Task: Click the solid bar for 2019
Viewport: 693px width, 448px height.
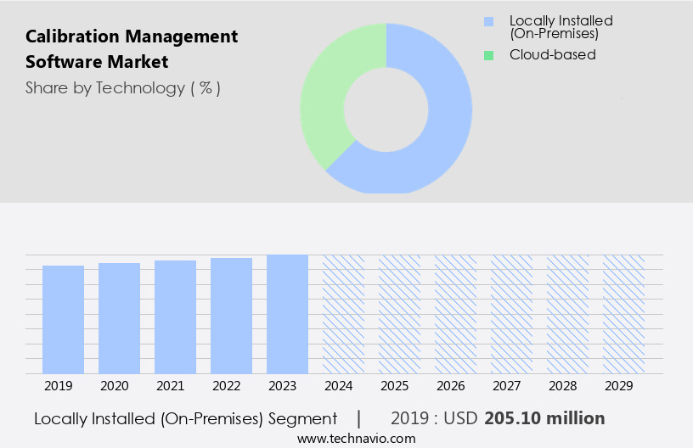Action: [x=63, y=320]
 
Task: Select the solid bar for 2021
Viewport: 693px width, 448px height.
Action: [x=175, y=317]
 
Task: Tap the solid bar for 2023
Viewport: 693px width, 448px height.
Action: [x=287, y=314]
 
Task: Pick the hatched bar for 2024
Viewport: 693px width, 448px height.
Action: [x=343, y=314]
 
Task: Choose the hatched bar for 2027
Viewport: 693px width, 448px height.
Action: [x=511, y=314]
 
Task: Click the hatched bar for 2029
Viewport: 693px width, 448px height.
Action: [x=623, y=314]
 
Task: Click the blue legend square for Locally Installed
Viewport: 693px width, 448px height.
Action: [x=488, y=21]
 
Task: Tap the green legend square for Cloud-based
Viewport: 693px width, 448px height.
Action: [x=488, y=55]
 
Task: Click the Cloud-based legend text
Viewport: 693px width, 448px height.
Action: [x=552, y=55]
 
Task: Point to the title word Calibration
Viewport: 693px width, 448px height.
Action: [x=70, y=36]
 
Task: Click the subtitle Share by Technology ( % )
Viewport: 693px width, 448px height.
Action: [x=123, y=88]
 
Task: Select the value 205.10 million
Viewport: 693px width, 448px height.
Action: [x=544, y=418]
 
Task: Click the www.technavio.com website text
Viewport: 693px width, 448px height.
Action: [x=357, y=439]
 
